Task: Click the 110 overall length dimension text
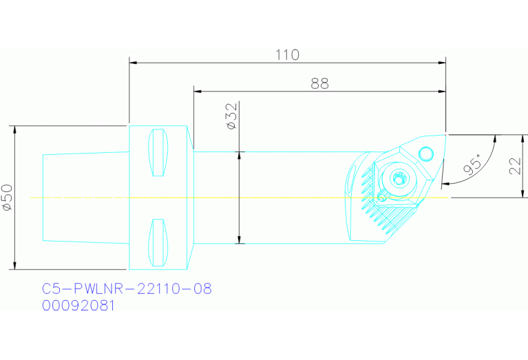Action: point(287,55)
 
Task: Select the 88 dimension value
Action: point(319,83)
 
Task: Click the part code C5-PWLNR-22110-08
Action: point(127,289)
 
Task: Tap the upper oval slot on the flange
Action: point(159,152)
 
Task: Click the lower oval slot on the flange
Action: point(159,243)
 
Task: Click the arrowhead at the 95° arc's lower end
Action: point(445,184)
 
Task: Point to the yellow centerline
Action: point(275,198)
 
